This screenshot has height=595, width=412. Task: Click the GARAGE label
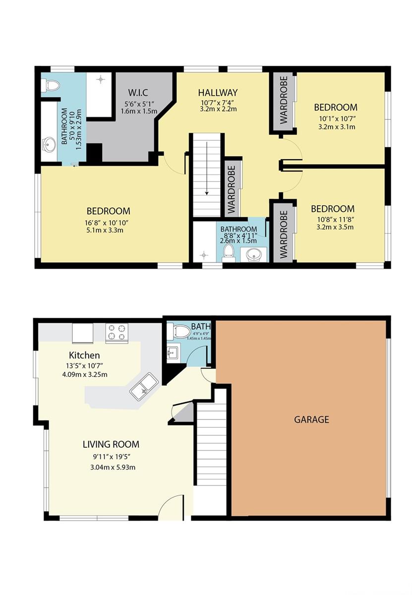pyautogui.click(x=311, y=419)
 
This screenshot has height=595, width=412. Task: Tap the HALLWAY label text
pyautogui.click(x=218, y=93)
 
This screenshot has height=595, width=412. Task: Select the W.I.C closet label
pyautogui.click(x=138, y=93)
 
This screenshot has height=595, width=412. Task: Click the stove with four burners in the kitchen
pyautogui.click(x=117, y=333)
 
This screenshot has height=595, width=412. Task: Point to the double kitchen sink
pyautogui.click(x=144, y=386)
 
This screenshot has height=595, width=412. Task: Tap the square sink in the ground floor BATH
pyautogui.click(x=174, y=353)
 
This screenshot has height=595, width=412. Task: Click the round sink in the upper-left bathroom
pyautogui.click(x=49, y=144)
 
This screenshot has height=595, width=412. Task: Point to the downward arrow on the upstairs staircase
pyautogui.click(x=207, y=168)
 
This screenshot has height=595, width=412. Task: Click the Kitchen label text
pyautogui.click(x=84, y=356)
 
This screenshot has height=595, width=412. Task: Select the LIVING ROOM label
pyautogui.click(x=111, y=444)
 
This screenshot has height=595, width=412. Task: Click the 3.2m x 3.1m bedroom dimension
pyautogui.click(x=337, y=126)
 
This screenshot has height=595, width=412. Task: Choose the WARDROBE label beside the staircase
pyautogui.click(x=232, y=189)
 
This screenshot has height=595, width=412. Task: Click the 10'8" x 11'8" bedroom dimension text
pyautogui.click(x=335, y=220)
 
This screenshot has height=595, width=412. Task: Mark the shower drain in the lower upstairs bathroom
pyautogui.click(x=204, y=255)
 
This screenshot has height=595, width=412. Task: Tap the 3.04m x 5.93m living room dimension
pyautogui.click(x=113, y=467)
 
